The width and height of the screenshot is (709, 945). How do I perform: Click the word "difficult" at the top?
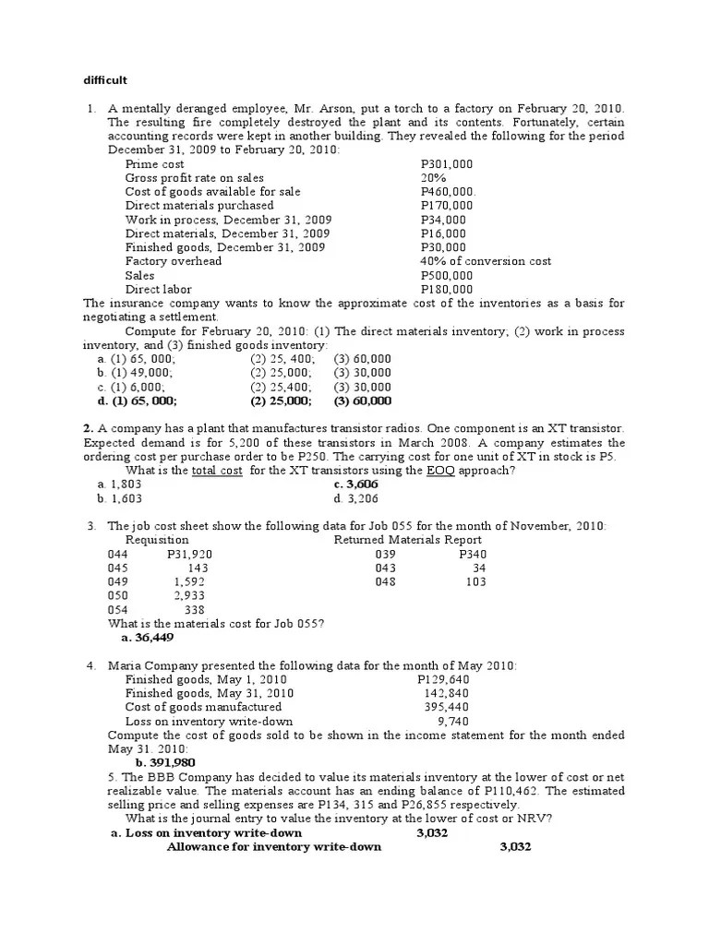[103, 79]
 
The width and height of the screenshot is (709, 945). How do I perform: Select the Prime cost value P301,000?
[447, 164]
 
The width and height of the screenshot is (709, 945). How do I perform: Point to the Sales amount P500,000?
[447, 275]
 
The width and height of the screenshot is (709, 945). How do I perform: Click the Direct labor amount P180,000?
[447, 289]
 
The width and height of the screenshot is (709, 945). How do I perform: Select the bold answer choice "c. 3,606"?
[357, 484]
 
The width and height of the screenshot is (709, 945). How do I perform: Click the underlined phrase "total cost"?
[217, 471]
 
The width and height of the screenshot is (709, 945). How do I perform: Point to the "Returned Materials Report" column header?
[407, 540]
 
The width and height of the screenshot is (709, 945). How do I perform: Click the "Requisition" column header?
[157, 540]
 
